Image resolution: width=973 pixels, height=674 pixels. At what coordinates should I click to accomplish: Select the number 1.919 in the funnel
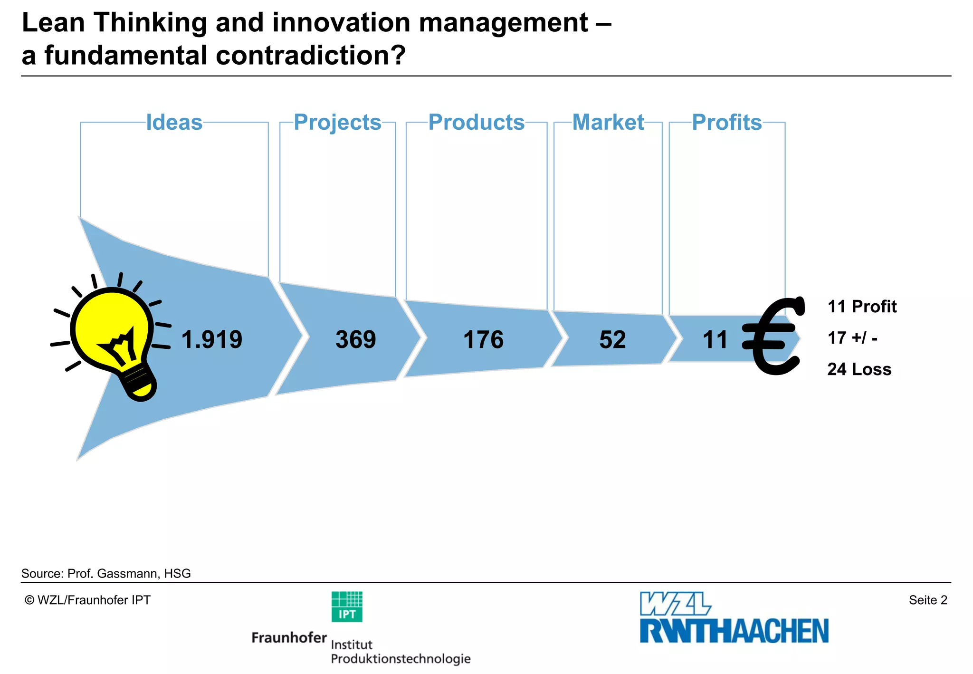tap(212, 339)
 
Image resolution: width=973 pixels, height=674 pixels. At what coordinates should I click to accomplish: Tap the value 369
tap(355, 339)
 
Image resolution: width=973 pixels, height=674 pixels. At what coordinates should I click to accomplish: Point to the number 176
tap(483, 340)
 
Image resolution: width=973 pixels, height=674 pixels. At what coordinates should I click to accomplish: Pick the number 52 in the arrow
tap(612, 340)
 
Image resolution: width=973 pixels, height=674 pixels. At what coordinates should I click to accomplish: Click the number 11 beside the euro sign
tap(715, 340)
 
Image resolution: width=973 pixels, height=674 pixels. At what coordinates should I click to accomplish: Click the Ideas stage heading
tap(174, 122)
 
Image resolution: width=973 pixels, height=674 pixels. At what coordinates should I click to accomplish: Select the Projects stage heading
tap(337, 122)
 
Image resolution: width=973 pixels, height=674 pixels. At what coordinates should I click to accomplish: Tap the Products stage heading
tap(477, 122)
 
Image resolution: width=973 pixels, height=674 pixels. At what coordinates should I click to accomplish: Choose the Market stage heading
tap(608, 122)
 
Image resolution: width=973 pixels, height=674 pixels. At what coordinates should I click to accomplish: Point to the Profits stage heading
tap(727, 122)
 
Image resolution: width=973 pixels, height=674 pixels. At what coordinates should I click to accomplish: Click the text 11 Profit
tap(862, 307)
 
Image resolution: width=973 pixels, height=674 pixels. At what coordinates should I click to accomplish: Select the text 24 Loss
tap(859, 369)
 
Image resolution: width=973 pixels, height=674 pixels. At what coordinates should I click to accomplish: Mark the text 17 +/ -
tap(852, 338)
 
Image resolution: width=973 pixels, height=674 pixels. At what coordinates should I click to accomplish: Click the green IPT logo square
tap(347, 607)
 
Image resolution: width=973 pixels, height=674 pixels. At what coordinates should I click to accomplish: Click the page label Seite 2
tap(928, 600)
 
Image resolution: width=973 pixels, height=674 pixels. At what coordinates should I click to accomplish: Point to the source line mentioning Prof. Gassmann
tap(106, 574)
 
